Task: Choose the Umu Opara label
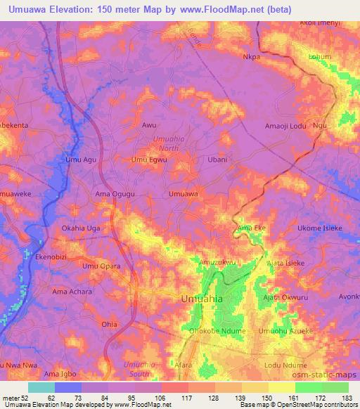click(x=98, y=266)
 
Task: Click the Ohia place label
click(x=109, y=324)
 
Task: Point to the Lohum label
click(x=320, y=56)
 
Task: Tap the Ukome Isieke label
click(x=320, y=228)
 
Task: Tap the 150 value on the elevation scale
click(x=255, y=398)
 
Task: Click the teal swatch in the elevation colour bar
click(x=41, y=387)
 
